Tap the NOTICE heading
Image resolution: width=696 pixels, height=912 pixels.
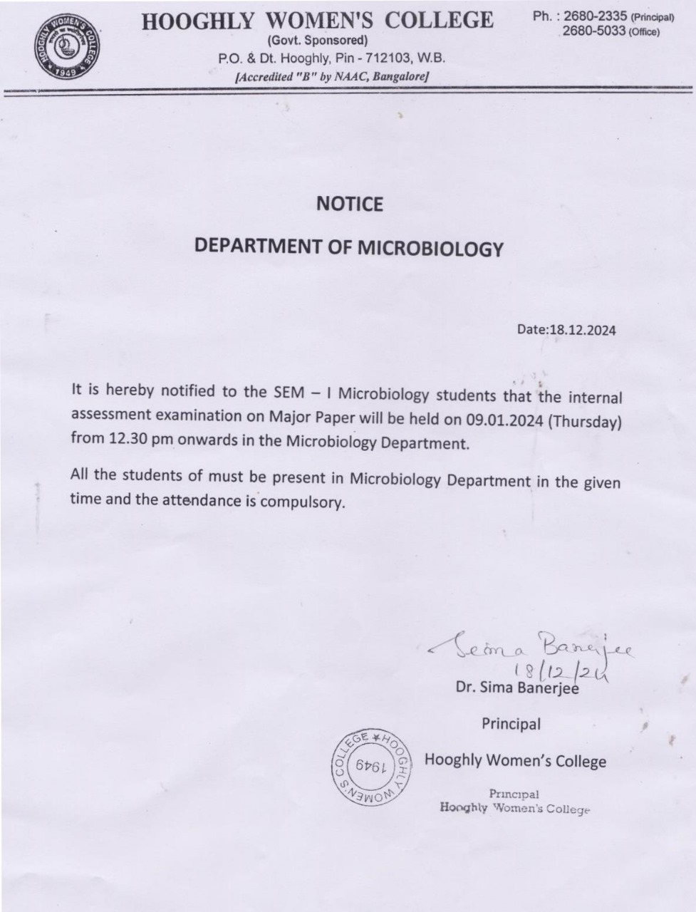click(349, 204)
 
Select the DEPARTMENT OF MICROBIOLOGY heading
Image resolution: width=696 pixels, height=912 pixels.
click(349, 247)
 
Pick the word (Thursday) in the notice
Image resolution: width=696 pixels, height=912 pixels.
click(585, 421)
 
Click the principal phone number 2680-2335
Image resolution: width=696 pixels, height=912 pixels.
click(595, 16)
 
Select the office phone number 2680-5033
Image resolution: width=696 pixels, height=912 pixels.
click(594, 31)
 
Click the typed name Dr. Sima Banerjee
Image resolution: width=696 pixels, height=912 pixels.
click(516, 688)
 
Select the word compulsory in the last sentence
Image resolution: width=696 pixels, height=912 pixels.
click(303, 502)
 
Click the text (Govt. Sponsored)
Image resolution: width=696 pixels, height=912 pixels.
click(318, 40)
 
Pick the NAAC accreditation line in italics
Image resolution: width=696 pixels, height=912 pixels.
click(331, 77)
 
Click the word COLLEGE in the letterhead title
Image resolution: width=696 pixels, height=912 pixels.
click(442, 20)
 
